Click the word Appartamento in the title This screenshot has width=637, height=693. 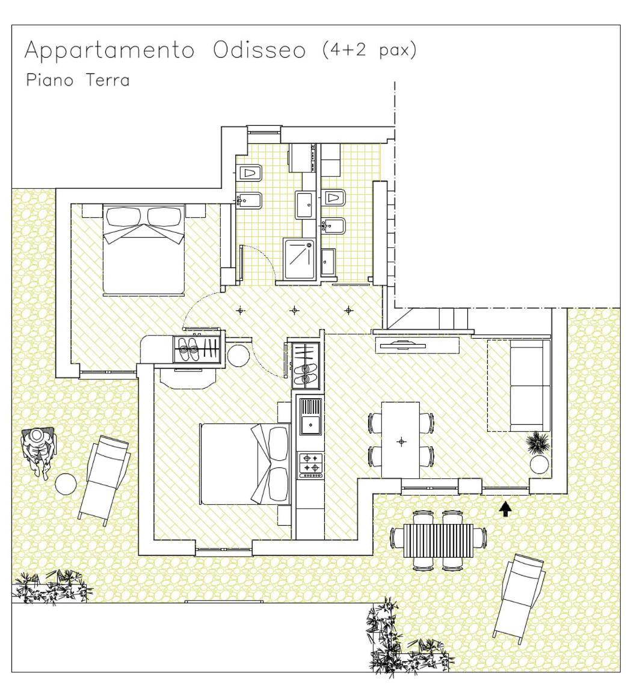[x=109, y=52]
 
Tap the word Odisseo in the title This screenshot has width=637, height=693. [x=259, y=51]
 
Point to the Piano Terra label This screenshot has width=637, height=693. [x=78, y=80]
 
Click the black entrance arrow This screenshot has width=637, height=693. [x=506, y=510]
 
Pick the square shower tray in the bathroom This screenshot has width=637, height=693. [x=299, y=258]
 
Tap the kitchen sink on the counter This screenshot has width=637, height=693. [x=310, y=416]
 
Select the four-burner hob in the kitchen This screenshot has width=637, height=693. [x=311, y=465]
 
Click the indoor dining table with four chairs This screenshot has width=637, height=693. [x=401, y=440]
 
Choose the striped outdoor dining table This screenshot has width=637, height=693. [x=439, y=538]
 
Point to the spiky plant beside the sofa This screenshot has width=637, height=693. [x=537, y=443]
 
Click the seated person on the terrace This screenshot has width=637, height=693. [x=39, y=448]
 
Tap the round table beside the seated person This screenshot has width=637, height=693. [x=66, y=484]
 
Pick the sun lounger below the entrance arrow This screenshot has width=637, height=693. [x=519, y=595]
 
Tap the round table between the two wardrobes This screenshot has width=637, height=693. [x=239, y=356]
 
